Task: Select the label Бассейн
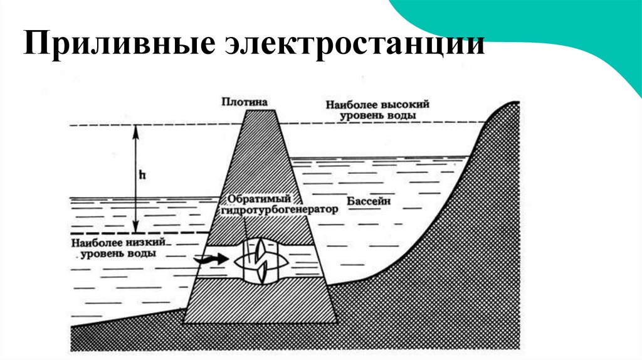point(368,202)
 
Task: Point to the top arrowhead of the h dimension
point(135,128)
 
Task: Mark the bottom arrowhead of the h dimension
point(135,230)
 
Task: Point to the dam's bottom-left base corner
point(183,322)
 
